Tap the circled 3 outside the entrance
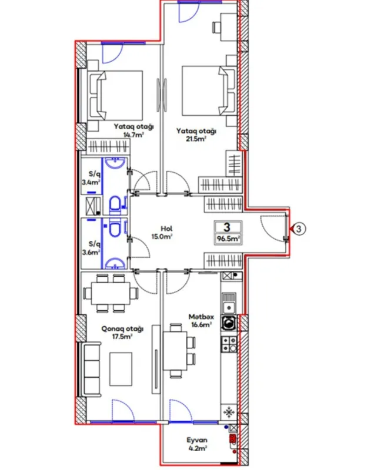click(x=298, y=229)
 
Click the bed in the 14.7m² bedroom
click(x=116, y=95)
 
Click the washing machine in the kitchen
click(x=228, y=323)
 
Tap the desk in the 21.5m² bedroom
click(x=223, y=26)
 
